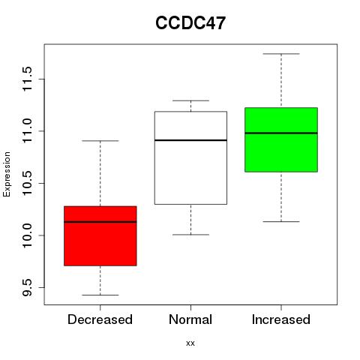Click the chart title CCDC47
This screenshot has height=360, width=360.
click(190, 23)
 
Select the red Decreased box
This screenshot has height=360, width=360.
click(100, 235)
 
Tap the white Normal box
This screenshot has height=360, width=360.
click(190, 157)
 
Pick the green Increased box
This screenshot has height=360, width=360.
click(281, 139)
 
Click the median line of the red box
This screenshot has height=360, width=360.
click(100, 222)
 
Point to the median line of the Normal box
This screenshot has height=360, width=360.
click(190, 140)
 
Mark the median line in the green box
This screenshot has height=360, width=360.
click(281, 133)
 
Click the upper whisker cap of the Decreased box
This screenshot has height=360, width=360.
click(100, 141)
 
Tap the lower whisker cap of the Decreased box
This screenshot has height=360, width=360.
click(100, 295)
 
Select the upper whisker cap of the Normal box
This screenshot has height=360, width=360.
click(190, 100)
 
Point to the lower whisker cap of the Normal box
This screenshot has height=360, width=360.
click(190, 235)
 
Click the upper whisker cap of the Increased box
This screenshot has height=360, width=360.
click(281, 54)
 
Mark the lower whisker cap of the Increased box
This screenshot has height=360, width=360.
click(281, 221)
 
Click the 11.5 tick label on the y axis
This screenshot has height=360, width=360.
click(27, 79)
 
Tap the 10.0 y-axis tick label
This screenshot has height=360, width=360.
click(27, 235)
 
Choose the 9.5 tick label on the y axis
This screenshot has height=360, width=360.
click(27, 287)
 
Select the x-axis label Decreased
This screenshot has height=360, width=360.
click(100, 319)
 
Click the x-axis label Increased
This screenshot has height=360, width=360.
click(281, 319)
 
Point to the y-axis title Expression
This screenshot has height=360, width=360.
click(7, 174)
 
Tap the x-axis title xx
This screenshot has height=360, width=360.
click(190, 343)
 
